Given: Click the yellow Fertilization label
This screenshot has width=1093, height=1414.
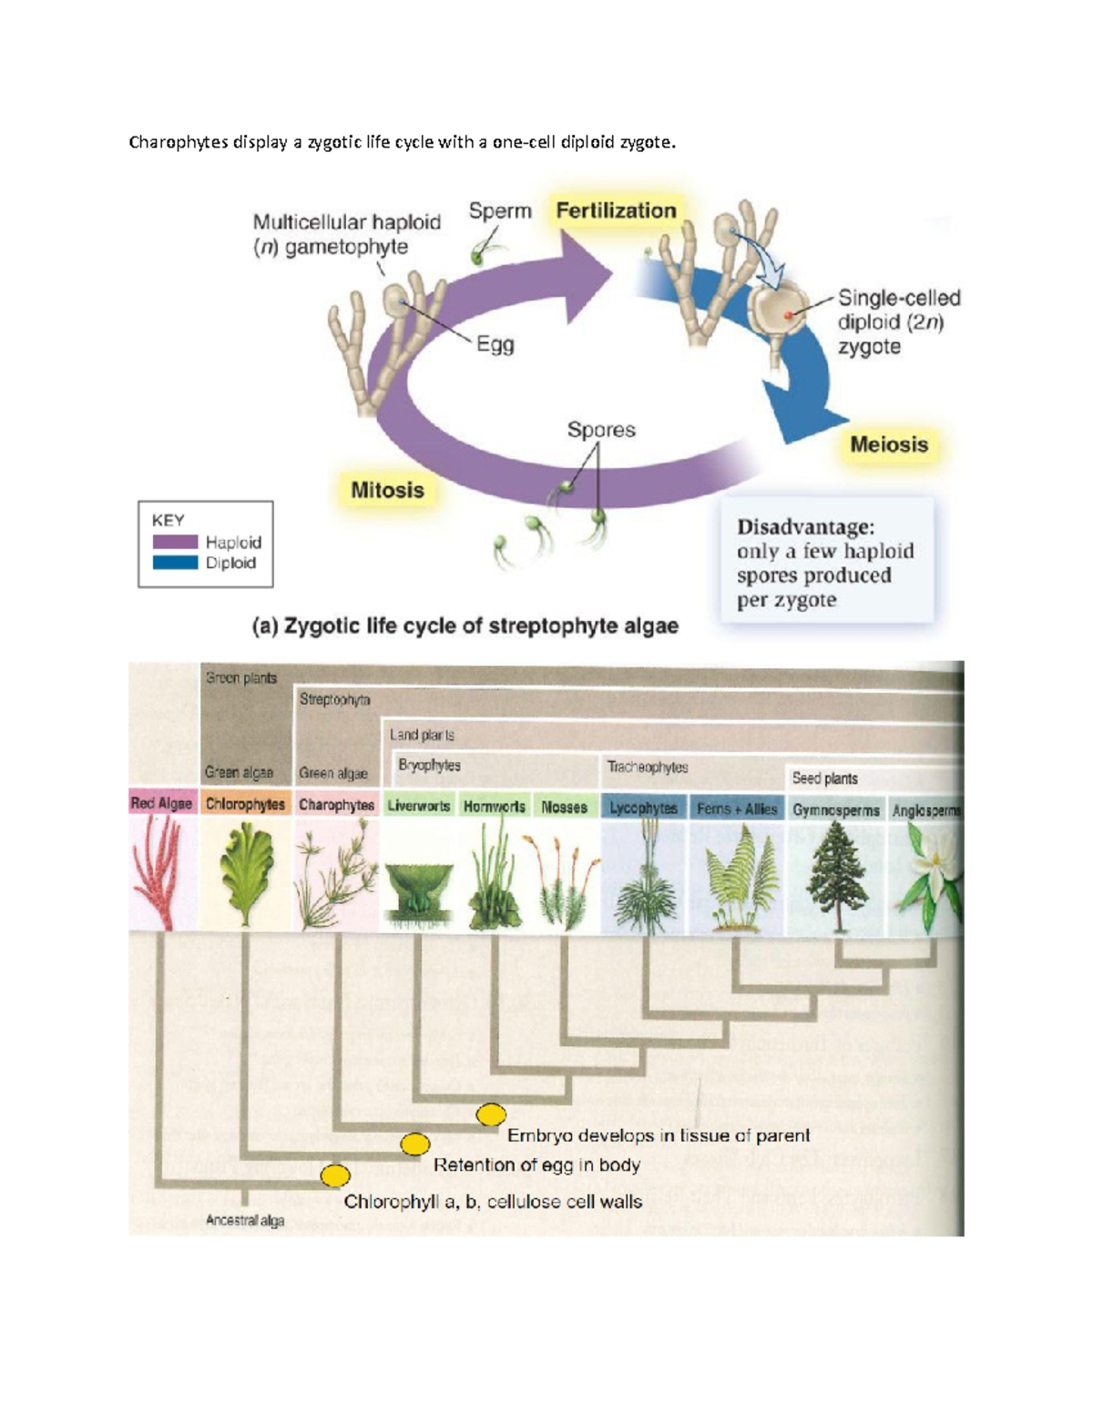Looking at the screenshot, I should (x=616, y=211).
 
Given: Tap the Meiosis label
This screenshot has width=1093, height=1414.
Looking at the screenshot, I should (x=888, y=445).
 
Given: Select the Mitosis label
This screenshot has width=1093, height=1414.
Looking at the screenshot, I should (x=387, y=491).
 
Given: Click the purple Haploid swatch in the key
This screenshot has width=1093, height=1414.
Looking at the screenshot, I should (x=175, y=542).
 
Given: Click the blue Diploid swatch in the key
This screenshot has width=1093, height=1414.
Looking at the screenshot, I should (x=175, y=563).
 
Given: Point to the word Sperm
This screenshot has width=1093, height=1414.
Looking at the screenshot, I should (x=500, y=211).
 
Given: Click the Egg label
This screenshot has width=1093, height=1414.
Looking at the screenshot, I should (x=495, y=345).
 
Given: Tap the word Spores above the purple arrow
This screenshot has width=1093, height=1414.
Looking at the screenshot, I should (x=601, y=430).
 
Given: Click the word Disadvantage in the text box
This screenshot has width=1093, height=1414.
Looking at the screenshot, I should (x=805, y=527).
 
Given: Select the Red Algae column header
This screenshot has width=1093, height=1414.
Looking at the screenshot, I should (x=161, y=803).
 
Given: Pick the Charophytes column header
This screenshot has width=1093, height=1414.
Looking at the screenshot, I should (x=336, y=805).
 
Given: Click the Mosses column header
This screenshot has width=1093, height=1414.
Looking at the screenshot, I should (x=564, y=807).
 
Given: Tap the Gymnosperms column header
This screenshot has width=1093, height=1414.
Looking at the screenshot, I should (x=835, y=809).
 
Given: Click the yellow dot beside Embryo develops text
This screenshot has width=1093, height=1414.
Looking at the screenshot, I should (x=491, y=1114).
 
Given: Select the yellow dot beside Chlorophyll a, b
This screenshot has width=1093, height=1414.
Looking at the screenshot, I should (x=335, y=1175).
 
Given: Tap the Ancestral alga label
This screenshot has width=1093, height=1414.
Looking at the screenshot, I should (x=244, y=1220).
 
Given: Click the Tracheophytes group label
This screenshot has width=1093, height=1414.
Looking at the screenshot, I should (x=648, y=768).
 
